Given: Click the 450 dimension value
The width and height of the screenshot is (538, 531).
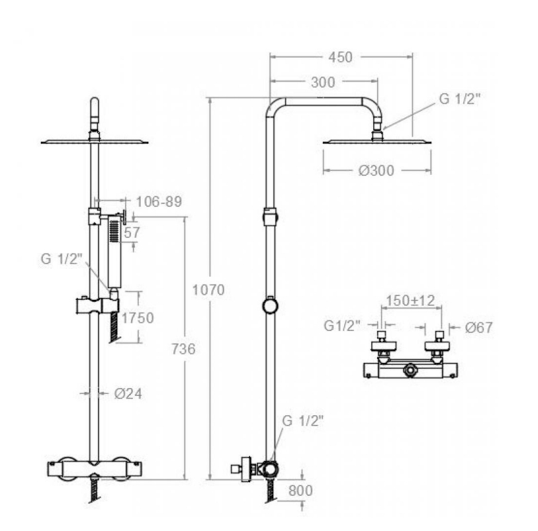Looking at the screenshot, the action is point(340,58).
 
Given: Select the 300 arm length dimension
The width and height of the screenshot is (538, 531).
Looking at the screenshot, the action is point(323,82).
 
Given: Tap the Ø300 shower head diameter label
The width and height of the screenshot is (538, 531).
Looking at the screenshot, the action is point(377,171).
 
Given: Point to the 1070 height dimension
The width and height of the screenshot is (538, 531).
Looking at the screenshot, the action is point(208,290).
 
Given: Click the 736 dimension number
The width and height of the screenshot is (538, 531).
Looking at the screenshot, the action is point(183,349).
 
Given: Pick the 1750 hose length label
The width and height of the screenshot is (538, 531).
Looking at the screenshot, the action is point(138,318).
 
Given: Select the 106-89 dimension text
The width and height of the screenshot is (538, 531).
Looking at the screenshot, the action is point(159,201).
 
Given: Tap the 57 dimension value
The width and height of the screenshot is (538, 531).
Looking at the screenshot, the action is point(132,232).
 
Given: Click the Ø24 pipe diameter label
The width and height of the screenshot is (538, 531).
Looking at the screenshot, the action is point(128,394).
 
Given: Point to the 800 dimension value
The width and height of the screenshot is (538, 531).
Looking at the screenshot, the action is point(300,491).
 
